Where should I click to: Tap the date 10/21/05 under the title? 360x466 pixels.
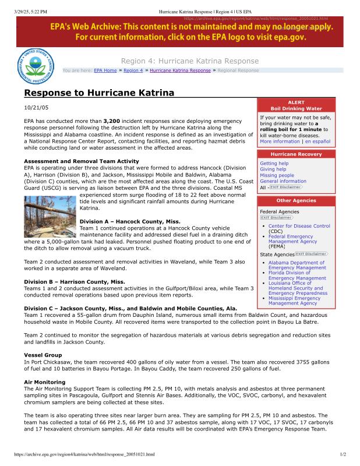tap(36, 108)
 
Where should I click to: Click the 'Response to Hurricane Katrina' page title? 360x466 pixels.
tap(99, 93)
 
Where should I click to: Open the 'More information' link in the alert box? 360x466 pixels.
tap(280, 142)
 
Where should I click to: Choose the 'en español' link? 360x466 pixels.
tap(317, 142)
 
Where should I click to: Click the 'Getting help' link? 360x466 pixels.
tap(274, 164)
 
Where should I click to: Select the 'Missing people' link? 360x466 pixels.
tap(277, 175)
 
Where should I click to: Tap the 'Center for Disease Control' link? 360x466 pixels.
tap(299, 226)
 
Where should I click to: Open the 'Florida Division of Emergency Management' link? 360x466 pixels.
tap(297, 275)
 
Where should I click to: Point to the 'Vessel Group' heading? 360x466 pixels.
tap(43, 355)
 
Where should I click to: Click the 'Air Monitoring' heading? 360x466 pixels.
tap(44, 382)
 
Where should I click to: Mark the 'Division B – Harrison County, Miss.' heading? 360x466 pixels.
tap(74, 282)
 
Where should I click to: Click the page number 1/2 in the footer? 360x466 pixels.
tap(343, 454)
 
